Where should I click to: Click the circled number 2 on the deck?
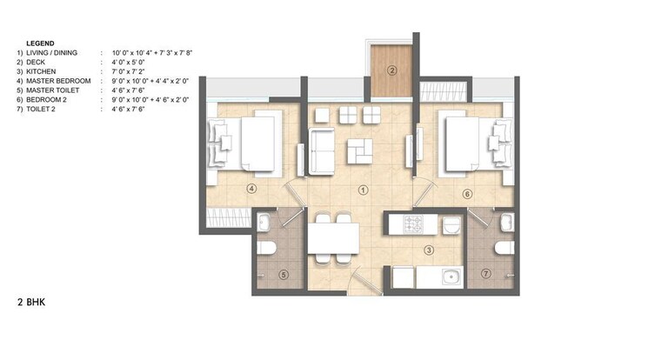[x=392, y=70]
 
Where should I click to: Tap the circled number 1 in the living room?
[x=363, y=188]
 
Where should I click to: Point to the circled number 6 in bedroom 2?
[x=467, y=194]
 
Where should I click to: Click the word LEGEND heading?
[x=40, y=43]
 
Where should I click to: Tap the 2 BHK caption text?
[x=30, y=303]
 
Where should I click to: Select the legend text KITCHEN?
[x=40, y=71]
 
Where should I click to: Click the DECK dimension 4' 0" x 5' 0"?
[x=131, y=63]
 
